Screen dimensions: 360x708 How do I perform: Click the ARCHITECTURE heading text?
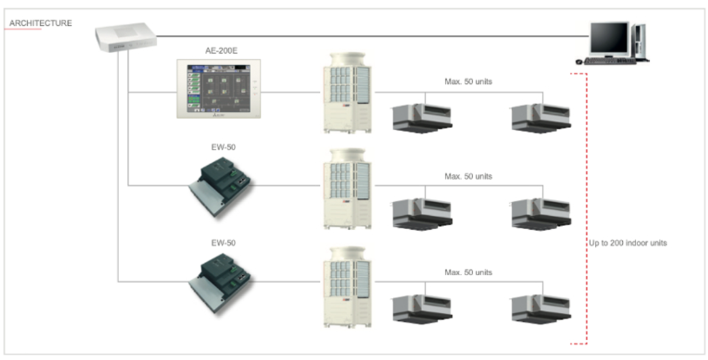(x=41, y=23)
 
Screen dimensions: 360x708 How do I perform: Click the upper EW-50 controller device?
(x=224, y=186)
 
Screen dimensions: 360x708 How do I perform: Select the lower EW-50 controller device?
(x=224, y=281)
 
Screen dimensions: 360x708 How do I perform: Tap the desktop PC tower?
(x=640, y=41)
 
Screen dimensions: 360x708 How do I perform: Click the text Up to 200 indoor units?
(x=627, y=243)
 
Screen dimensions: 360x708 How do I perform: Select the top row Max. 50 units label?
(x=469, y=82)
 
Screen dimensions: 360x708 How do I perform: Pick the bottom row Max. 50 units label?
(x=469, y=272)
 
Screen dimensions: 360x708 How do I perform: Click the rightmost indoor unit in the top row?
(x=539, y=117)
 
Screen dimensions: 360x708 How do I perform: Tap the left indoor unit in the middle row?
(x=423, y=213)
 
